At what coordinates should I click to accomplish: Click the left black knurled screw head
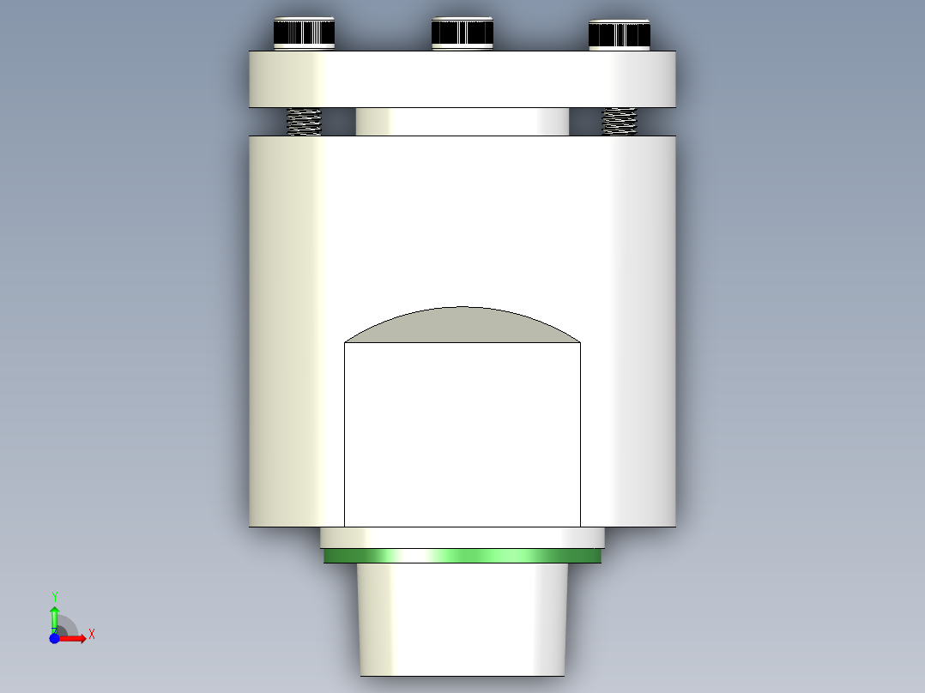coord(304,33)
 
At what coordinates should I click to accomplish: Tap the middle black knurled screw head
coord(462,32)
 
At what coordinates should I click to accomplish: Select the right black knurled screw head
coord(619,34)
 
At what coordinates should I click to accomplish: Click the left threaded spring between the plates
coord(304,121)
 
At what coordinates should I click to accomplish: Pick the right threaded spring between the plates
coord(620,121)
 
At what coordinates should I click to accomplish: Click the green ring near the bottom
coord(462,557)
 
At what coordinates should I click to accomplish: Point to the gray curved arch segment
coord(462,326)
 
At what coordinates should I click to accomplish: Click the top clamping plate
coord(462,79)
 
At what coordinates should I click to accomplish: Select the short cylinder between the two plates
coord(462,121)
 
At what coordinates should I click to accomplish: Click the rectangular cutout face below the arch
coord(462,434)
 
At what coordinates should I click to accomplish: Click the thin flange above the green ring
coord(462,538)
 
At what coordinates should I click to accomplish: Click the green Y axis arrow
coord(54,617)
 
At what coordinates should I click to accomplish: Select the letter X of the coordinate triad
coord(91,635)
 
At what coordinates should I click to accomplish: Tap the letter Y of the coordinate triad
coord(55,596)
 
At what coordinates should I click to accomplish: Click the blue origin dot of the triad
coord(54,638)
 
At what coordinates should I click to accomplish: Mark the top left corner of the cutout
coord(345,343)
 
